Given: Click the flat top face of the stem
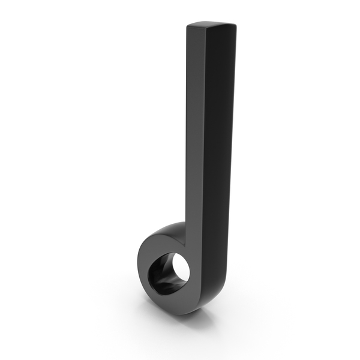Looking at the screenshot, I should pyautogui.click(x=210, y=26).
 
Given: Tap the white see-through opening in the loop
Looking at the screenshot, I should pyautogui.click(x=181, y=268).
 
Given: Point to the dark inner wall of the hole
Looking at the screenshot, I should pyautogui.click(x=161, y=277).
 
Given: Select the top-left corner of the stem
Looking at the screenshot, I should pyautogui.click(x=188, y=26).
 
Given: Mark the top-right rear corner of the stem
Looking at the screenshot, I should pyautogui.click(x=233, y=24).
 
